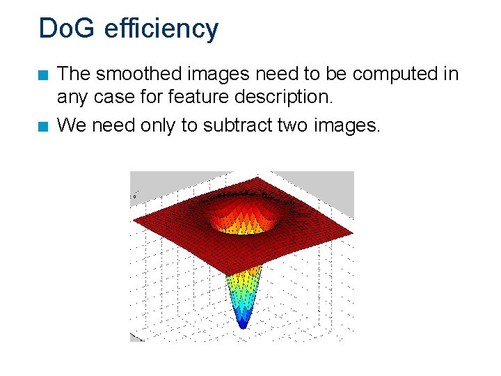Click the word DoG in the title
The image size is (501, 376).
[x=67, y=29]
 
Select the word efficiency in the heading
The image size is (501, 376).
[x=161, y=29]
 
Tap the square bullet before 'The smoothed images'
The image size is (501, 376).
[x=43, y=75]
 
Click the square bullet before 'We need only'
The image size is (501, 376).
[x=43, y=126]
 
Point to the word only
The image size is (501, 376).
[x=158, y=125]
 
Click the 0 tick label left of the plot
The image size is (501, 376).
[x=134, y=197]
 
